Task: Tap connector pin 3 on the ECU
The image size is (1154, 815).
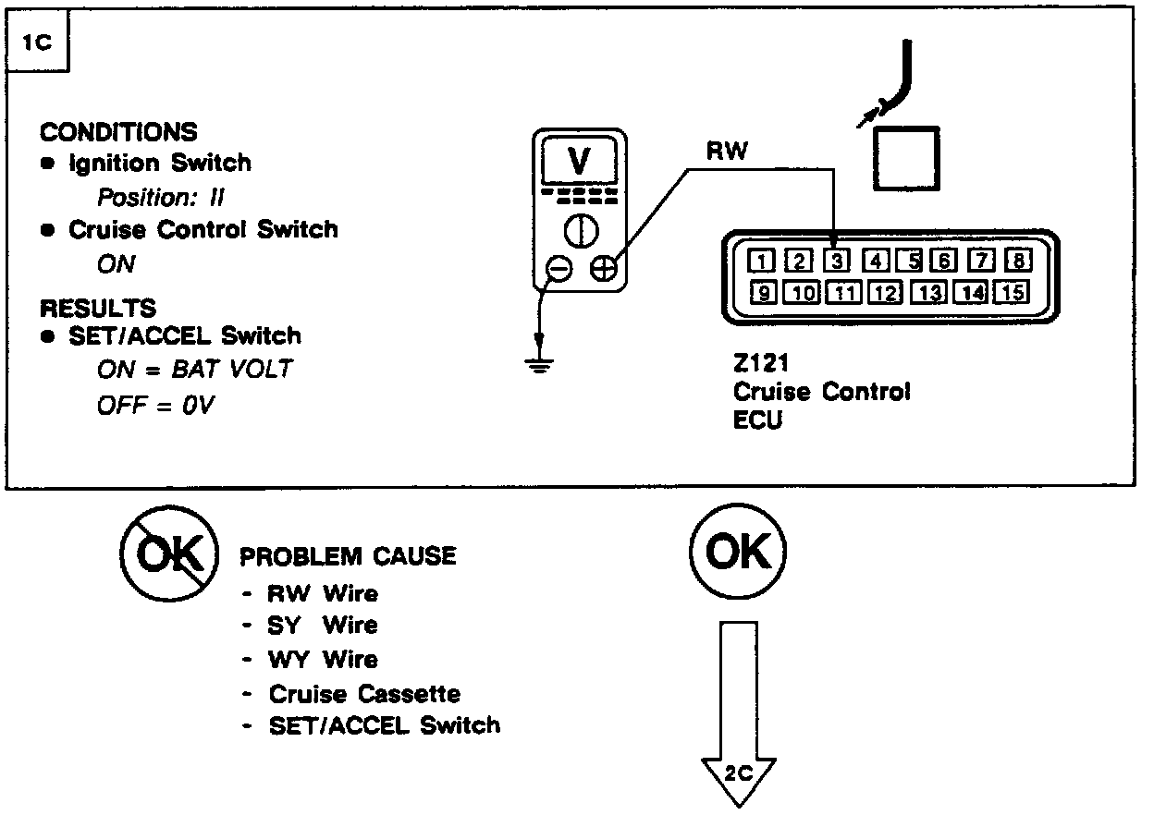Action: coord(836,262)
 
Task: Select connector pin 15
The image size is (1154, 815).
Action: coord(1013,294)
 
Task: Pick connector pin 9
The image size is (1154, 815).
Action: coord(762,294)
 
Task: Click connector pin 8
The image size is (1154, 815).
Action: coord(1018,262)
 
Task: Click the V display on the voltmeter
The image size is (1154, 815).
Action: coord(579,162)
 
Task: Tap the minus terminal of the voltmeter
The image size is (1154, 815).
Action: coord(559,269)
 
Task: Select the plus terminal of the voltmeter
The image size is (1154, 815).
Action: coord(603,269)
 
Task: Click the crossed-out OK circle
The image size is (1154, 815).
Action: coord(168,554)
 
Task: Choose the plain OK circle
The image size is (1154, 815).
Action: coord(737,553)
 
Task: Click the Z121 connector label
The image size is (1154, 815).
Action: coord(758,364)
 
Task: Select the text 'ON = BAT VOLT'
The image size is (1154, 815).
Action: coord(194,370)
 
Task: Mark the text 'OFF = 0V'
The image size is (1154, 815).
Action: coord(155,406)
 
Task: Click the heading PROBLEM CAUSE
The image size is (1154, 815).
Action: coord(348,556)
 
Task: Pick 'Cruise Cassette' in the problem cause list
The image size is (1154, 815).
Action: coord(364,693)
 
